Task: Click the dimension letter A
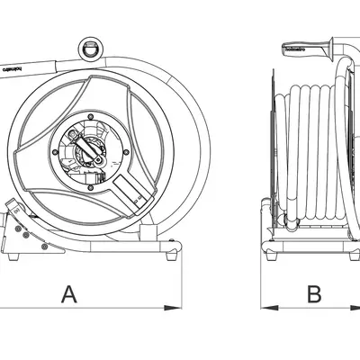68,292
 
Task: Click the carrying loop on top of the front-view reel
91,46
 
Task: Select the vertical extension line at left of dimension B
261,279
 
